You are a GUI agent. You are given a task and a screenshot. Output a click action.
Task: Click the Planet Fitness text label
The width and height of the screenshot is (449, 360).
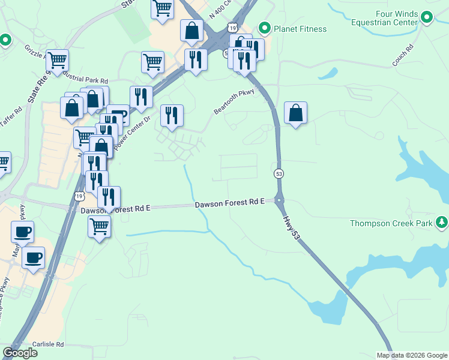pyautogui.click(x=300, y=29)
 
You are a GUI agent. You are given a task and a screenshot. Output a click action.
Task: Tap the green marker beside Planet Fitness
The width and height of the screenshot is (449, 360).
pyautogui.click(x=264, y=28)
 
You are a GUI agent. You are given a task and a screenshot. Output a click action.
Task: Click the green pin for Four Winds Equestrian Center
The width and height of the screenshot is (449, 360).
pyautogui.click(x=427, y=17)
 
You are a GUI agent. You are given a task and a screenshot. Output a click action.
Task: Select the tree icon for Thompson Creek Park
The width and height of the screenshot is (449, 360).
pyautogui.click(x=442, y=223)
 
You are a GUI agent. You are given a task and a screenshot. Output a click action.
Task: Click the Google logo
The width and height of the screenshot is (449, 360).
pyautogui.click(x=20, y=353)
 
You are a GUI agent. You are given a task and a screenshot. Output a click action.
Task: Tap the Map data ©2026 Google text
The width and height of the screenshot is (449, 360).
pyautogui.click(x=412, y=355)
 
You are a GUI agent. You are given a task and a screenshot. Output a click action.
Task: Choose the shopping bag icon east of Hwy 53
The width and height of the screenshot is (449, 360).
pyautogui.click(x=295, y=113)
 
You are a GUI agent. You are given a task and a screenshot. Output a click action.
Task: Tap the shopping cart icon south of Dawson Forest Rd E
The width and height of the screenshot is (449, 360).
pyautogui.click(x=99, y=227)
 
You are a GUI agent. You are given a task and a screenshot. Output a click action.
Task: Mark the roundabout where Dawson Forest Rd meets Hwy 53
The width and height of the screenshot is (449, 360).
pyautogui.click(x=279, y=200)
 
